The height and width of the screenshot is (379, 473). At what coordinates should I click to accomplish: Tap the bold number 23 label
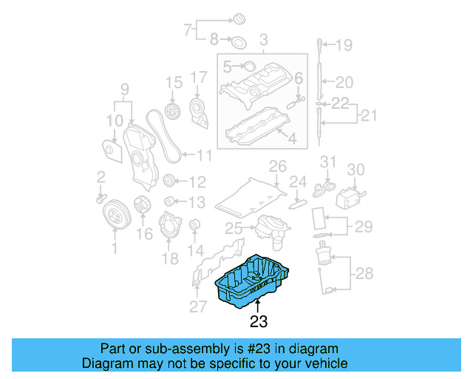tap(258, 322)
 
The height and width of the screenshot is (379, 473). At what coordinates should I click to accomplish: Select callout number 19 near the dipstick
tap(345, 45)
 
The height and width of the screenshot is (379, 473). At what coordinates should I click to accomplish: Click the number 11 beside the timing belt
tap(204, 155)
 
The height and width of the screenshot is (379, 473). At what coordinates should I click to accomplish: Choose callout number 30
tap(356, 170)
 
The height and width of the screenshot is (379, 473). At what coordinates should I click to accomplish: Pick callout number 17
tap(198, 77)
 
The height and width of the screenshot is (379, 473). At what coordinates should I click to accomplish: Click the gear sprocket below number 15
tap(174, 113)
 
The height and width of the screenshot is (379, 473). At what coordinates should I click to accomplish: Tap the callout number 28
tap(365, 275)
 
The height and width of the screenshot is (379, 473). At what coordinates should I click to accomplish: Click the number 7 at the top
tap(188, 30)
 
